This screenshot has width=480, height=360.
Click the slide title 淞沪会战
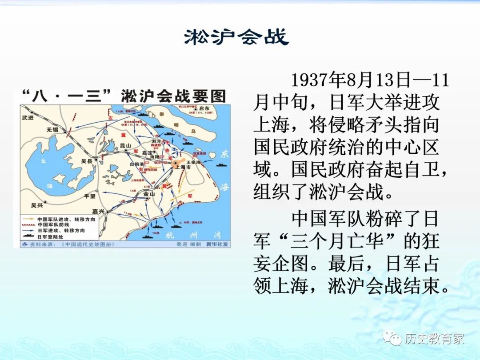(236, 37)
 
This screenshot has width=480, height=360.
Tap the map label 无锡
(52, 130)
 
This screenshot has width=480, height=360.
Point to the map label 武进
(28, 117)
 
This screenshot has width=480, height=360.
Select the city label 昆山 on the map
(126, 146)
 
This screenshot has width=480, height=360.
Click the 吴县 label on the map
(87, 161)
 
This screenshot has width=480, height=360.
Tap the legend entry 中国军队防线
(55, 225)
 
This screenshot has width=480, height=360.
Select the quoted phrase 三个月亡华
(344, 242)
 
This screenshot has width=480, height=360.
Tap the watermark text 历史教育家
(434, 339)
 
